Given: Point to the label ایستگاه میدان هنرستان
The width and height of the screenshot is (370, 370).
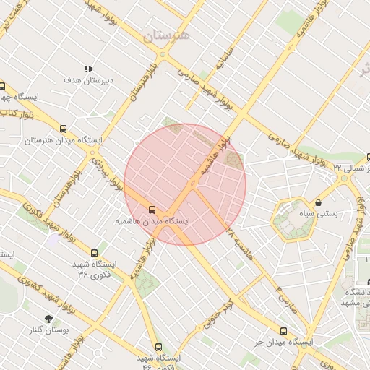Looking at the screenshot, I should tap(64, 139).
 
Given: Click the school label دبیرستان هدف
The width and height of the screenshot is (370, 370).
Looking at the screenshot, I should tap(89, 80).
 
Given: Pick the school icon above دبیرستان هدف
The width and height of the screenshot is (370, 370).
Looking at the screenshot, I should tap(88, 69).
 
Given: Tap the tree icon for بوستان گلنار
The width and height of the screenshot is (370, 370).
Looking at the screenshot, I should tap(48, 319).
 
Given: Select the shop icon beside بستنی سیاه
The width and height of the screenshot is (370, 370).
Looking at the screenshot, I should tap(318, 204).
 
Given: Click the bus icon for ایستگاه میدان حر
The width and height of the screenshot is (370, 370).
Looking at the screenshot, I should tap(283, 331).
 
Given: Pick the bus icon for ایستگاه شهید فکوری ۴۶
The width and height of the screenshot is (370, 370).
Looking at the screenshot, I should tap(158, 347).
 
